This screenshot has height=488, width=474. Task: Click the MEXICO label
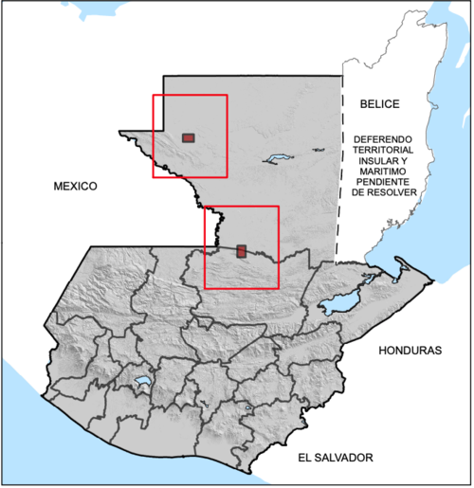(x=75, y=187)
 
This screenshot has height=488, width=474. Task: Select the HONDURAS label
(x=410, y=351)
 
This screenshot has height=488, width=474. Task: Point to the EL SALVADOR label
(x=335, y=458)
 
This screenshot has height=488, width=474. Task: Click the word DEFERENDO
(x=383, y=137)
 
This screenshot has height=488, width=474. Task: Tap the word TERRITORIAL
(x=383, y=151)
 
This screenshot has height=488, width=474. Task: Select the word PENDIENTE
(x=383, y=190)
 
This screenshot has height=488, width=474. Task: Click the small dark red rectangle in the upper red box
(x=189, y=138)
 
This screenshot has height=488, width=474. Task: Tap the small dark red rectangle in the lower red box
(x=242, y=251)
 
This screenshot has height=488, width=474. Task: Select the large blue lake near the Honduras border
(x=338, y=305)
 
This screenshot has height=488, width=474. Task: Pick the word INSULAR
(x=374, y=164)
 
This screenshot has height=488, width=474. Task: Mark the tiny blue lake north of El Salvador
(x=248, y=409)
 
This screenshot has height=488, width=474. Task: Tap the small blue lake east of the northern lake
(x=317, y=153)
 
